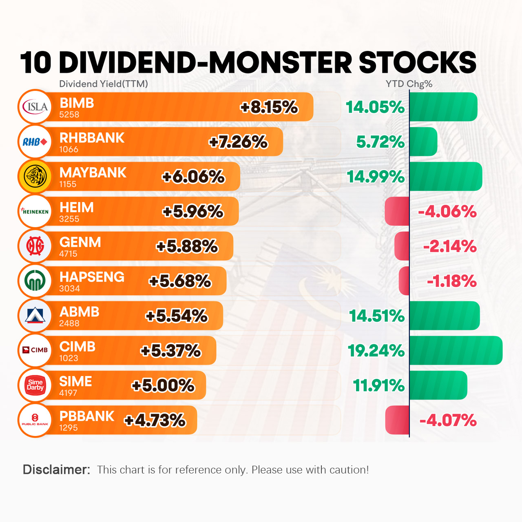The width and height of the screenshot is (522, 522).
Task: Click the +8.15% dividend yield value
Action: (269, 107)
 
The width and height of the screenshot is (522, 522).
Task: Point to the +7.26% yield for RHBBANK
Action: (238, 142)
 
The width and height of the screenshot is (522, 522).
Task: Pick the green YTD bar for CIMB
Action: (456, 350)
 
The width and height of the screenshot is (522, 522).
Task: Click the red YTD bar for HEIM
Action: (397, 211)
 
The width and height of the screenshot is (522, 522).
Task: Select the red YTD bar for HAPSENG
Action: (404, 281)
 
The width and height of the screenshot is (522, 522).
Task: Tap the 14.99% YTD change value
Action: (376, 177)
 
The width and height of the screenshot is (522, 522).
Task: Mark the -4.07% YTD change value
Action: (448, 420)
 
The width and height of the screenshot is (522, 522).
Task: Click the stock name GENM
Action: (80, 242)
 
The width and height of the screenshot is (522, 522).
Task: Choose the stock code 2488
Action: (69, 323)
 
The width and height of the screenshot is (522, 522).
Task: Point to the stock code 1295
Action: (69, 428)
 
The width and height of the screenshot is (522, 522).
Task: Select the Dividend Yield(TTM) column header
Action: (104, 84)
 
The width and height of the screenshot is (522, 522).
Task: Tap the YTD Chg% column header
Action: (409, 84)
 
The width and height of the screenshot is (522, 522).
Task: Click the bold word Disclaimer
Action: (56, 470)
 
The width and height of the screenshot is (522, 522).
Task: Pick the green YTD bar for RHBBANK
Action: (423, 142)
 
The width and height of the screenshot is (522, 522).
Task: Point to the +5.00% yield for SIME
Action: (163, 385)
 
